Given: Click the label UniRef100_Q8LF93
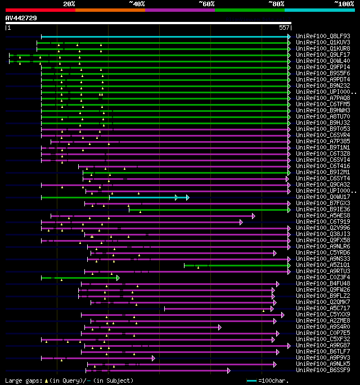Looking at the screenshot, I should point(323,36).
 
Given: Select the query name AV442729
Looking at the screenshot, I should point(21,18).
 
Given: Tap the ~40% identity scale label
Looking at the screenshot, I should point(137,4).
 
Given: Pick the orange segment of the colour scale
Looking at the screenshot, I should point(110,10).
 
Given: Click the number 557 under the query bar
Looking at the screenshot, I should point(284,28).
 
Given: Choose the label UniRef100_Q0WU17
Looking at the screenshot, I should point(323,197).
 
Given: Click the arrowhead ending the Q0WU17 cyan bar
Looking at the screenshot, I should point(187,197).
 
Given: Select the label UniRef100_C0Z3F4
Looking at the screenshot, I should point(323,277).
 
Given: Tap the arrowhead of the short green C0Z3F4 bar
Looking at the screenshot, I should point(118,278).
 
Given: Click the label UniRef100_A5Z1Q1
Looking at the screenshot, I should point(323,265).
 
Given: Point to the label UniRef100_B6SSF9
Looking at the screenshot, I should point(323,370).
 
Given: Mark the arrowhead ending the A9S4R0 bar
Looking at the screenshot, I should point(220,327).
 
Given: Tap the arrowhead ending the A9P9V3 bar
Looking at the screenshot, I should point(153,357).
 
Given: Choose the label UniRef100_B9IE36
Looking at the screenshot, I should point(323,210).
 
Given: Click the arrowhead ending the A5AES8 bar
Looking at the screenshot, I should point(254,216).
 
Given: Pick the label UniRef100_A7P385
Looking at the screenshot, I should point(323,141).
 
